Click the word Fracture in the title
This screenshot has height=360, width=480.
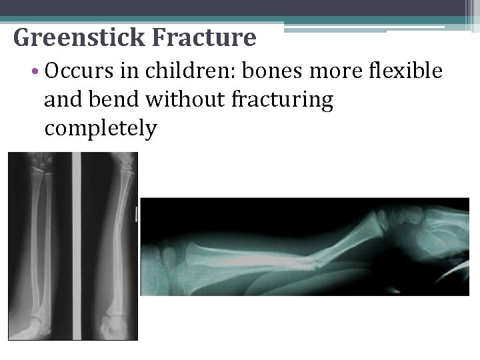[x=204, y=38]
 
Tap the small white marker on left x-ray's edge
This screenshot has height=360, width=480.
[x=137, y=214]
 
